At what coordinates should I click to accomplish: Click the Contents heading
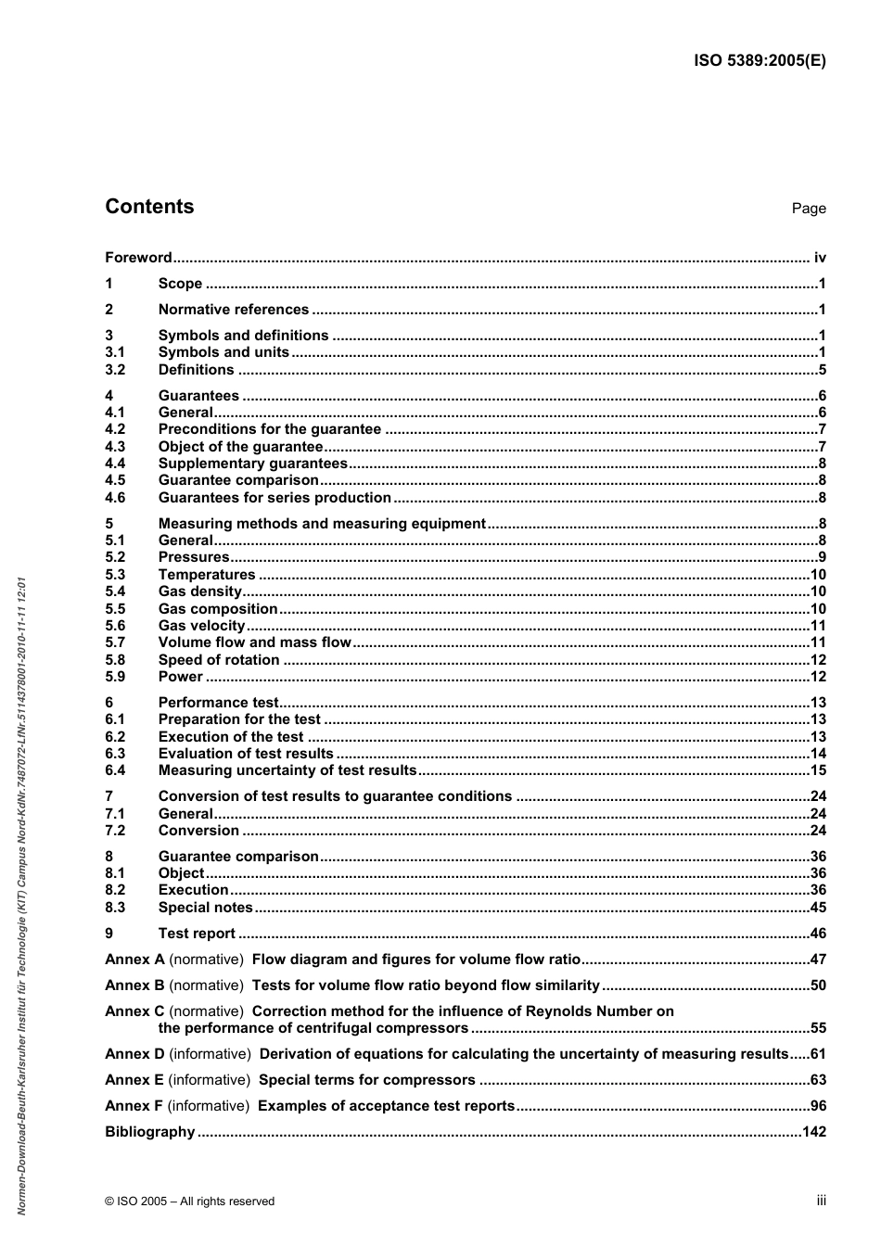pos(149,207)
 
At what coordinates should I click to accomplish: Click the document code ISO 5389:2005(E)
pos(760,61)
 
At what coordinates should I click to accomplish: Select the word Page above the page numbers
pos(808,209)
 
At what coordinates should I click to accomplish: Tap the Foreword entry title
pos(138,258)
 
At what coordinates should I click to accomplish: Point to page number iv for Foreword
pos(819,258)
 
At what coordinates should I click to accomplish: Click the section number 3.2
pos(115,370)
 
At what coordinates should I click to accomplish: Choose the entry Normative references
pos(233,310)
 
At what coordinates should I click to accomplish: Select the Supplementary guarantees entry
pos(252,464)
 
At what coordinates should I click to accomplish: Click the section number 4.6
pos(115,498)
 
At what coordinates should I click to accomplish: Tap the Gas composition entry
pos(218,609)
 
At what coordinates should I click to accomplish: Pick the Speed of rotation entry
pos(218,660)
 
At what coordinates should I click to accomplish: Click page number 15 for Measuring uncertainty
pos(817,770)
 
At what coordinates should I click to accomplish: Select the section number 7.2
pos(115,831)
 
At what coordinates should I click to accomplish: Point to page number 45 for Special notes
pos(817,908)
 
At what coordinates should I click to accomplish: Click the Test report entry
pos(197,934)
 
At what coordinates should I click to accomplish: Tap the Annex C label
pos(134,1011)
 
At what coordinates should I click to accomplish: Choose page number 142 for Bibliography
pos(813,1132)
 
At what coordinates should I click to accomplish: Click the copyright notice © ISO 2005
pos(189,1201)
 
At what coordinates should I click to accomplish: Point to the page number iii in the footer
pos(821,1201)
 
